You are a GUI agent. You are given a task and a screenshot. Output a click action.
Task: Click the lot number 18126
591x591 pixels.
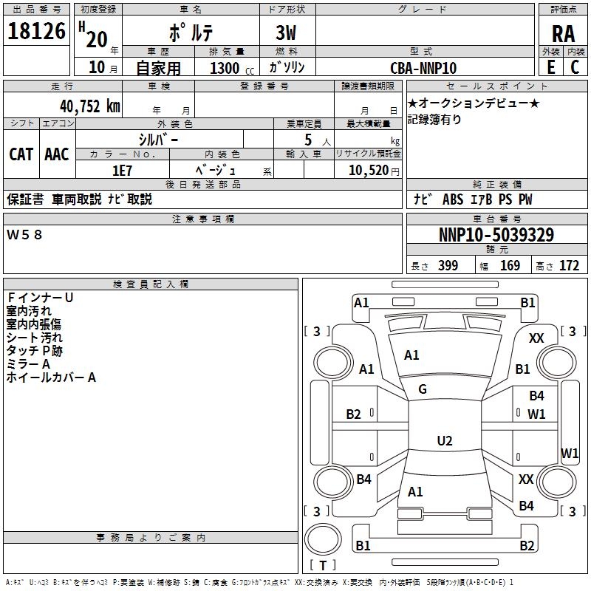click(36, 31)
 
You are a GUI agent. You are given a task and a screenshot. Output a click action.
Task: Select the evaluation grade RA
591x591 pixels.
click(563, 34)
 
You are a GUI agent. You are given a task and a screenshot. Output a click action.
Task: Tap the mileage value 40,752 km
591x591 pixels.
click(90, 106)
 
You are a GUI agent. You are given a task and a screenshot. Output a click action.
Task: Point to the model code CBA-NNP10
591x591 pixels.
click(423, 68)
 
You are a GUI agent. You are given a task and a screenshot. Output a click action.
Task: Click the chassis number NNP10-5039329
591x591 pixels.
click(496, 235)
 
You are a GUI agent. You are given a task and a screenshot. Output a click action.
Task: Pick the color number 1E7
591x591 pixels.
click(122, 171)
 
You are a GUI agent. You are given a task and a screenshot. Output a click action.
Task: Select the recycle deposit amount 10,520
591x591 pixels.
click(369, 171)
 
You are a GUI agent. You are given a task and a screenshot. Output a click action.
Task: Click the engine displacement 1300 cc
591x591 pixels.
click(232, 68)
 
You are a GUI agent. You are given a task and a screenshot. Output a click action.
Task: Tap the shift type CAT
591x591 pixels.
click(21, 154)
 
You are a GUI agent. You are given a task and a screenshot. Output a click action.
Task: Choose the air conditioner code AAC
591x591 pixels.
click(57, 154)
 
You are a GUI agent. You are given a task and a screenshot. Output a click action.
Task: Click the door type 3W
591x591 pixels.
click(286, 33)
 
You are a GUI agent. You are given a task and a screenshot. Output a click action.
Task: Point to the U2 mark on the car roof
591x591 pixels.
click(445, 440)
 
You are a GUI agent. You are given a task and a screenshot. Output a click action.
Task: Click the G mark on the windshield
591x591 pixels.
click(423, 389)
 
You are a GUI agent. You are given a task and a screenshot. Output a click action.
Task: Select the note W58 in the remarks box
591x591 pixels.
click(24, 235)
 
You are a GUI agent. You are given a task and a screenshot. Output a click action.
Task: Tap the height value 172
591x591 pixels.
click(569, 266)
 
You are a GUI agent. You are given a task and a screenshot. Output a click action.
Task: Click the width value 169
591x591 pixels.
click(510, 266)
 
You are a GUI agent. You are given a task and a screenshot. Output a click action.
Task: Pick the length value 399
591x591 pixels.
click(448, 266)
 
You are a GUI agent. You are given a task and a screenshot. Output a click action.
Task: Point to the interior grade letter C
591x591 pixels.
click(575, 67)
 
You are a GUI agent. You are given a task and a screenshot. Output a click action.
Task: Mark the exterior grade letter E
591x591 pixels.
click(551, 67)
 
